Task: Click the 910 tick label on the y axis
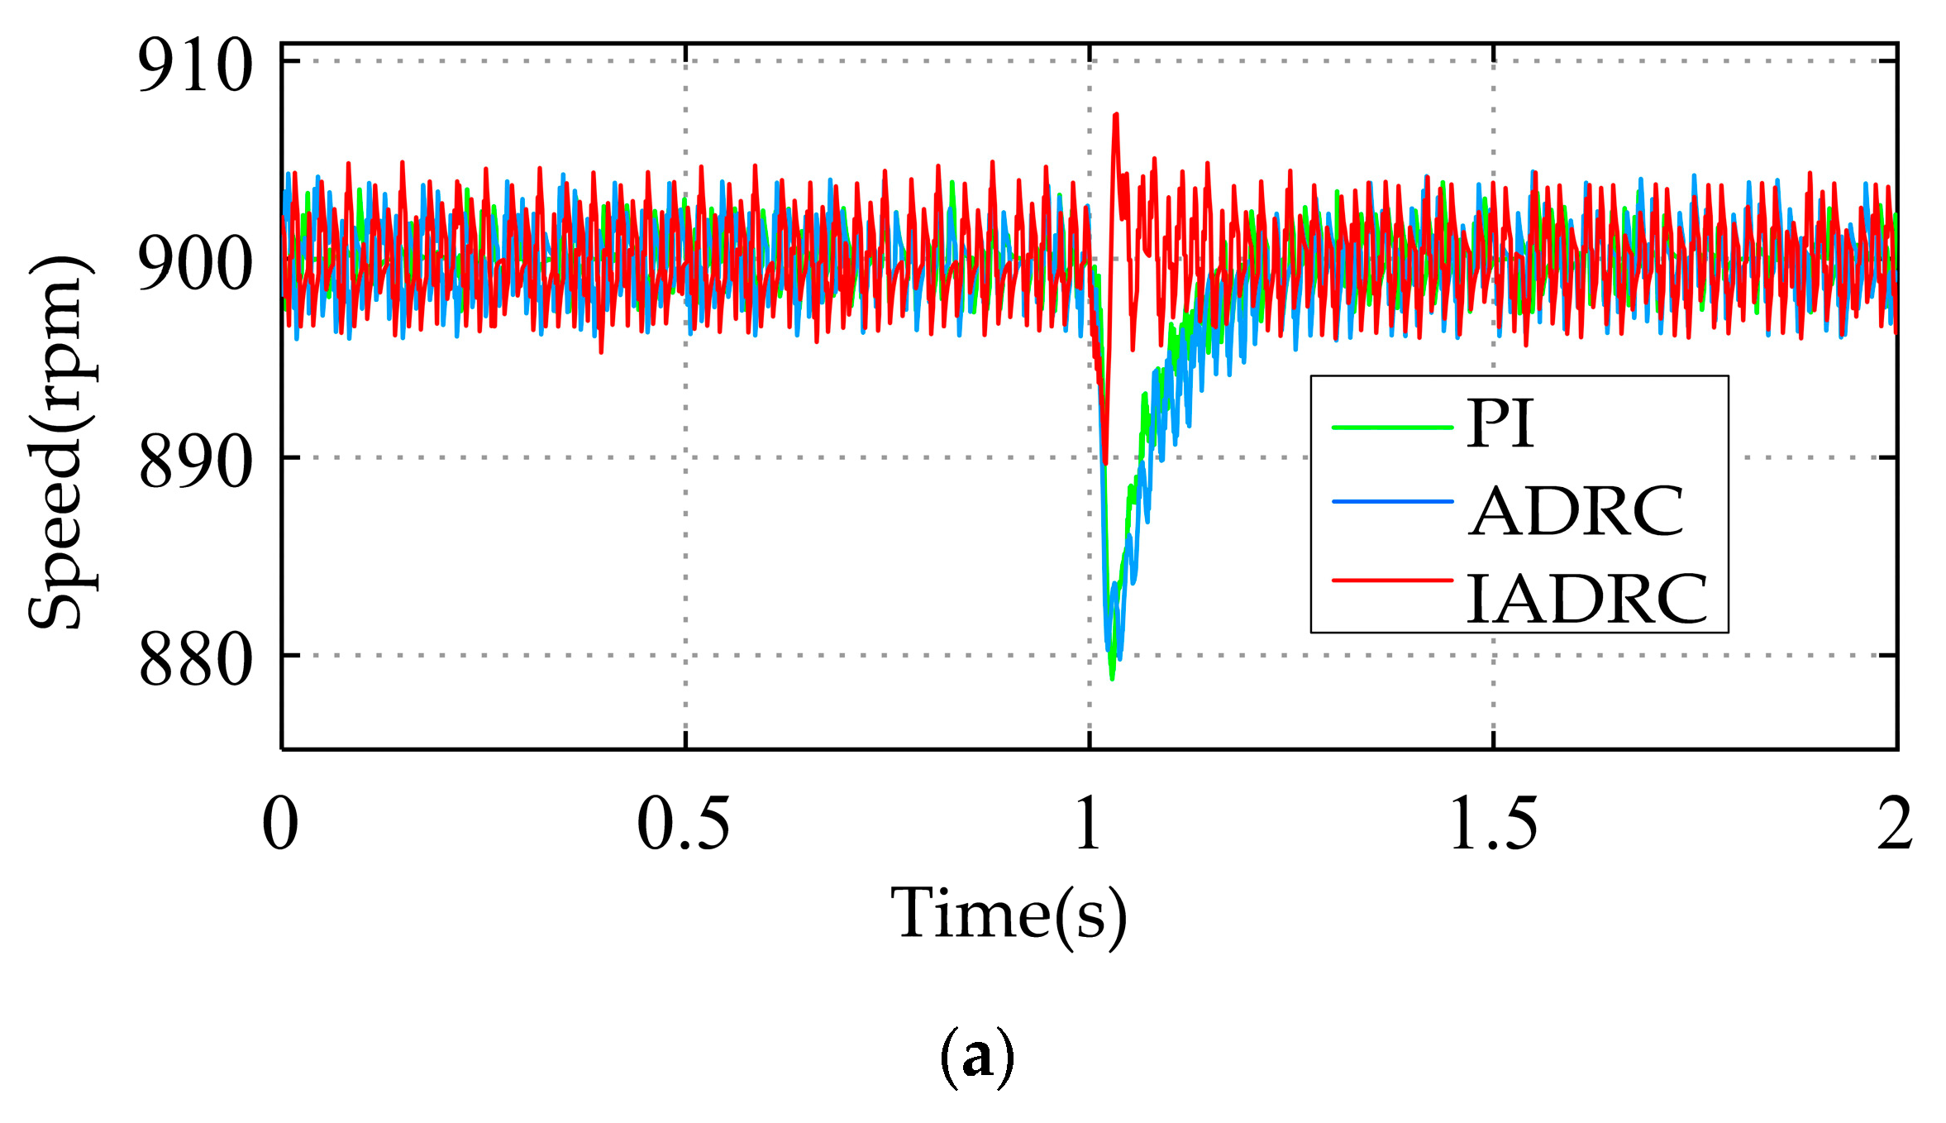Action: pyautogui.click(x=195, y=66)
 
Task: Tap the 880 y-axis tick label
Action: pyautogui.click(x=195, y=659)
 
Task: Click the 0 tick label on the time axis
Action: pyautogui.click(x=280, y=824)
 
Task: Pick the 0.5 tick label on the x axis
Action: pyautogui.click(x=684, y=824)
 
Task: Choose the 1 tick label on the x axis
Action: pyautogui.click(x=1089, y=824)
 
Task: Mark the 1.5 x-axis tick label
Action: pyautogui.click(x=1493, y=824)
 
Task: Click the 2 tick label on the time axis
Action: pyautogui.click(x=1894, y=824)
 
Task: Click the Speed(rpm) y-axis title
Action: pyautogui.click(x=62, y=442)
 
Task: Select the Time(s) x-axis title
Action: pyautogui.click(x=1009, y=915)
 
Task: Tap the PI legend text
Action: pyautogui.click(x=1500, y=424)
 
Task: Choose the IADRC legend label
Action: pyautogui.click(x=1586, y=599)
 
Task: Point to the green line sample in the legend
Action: pyautogui.click(x=1392, y=428)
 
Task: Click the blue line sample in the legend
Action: pyautogui.click(x=1392, y=501)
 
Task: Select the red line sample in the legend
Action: pyautogui.click(x=1392, y=581)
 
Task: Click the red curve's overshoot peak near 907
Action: pyautogui.click(x=1116, y=116)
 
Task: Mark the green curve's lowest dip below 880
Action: pyautogui.click(x=1113, y=678)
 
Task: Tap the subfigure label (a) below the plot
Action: pyautogui.click(x=976, y=1057)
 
